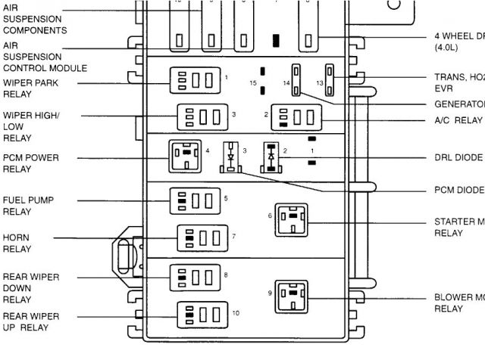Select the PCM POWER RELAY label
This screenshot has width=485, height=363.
(31, 163)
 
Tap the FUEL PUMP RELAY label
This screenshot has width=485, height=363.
(27, 206)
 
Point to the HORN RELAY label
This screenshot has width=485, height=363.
(17, 243)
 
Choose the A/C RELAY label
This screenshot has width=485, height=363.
(458, 120)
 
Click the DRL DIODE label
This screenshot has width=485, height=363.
(458, 158)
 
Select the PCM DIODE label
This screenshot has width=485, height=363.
(458, 190)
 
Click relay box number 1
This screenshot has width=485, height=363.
(196, 79)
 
